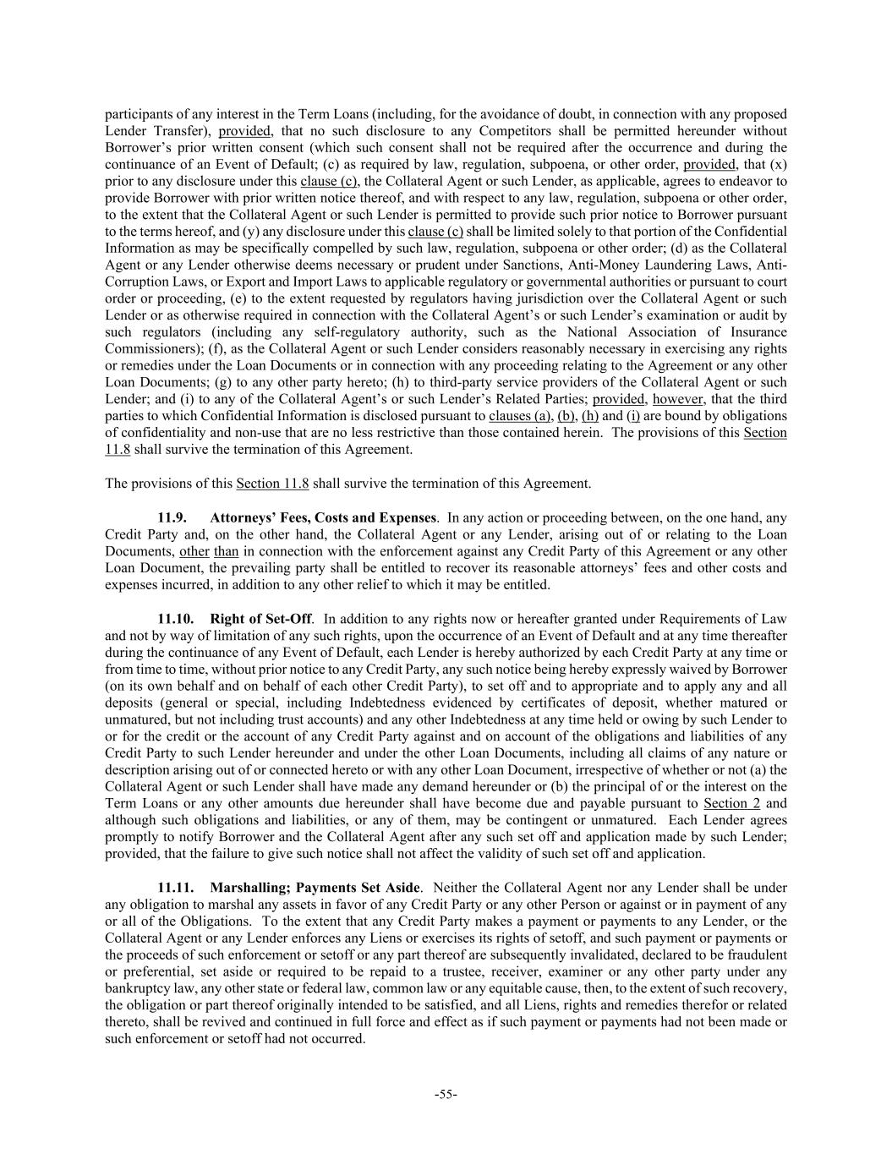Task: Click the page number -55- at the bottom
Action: point(446,1095)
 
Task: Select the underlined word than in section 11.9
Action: point(226,551)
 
